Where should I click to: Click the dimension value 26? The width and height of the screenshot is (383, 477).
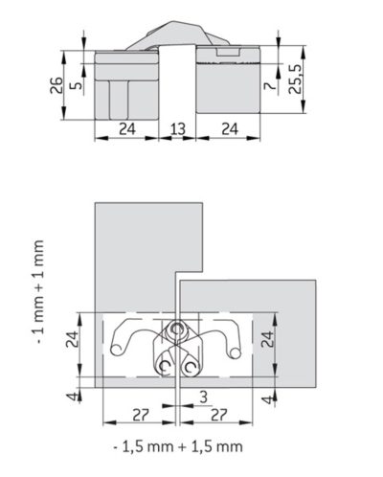tap(56, 85)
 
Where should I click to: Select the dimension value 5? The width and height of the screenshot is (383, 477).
tap(76, 85)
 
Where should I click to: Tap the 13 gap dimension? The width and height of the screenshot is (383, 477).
tap(177, 129)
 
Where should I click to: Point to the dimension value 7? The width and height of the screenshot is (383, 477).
tap(270, 85)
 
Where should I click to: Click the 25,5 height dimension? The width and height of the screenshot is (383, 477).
tap(295, 79)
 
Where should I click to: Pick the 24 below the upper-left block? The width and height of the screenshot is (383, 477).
tap(127, 129)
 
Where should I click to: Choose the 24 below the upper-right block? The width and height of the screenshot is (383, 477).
tap(230, 129)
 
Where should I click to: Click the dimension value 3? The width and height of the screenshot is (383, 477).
tap(203, 397)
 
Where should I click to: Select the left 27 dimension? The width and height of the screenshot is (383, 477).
tap(141, 415)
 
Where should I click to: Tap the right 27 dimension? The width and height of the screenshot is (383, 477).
tap(218, 415)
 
